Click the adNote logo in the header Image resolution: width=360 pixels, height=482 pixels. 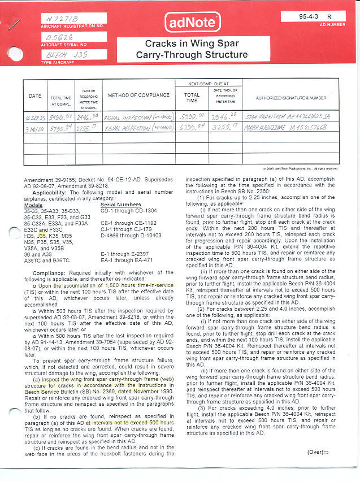click(192, 22)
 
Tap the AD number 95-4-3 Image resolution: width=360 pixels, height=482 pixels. click(309, 17)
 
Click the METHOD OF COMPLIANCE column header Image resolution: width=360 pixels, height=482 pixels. click(138, 95)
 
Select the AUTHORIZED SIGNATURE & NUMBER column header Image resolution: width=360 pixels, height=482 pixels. click(291, 98)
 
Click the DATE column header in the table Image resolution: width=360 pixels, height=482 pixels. click(35, 96)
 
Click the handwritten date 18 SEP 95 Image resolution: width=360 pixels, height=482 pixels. click(35, 118)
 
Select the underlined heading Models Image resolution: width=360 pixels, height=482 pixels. click(33, 205)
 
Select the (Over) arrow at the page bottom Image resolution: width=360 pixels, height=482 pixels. click(318, 452)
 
